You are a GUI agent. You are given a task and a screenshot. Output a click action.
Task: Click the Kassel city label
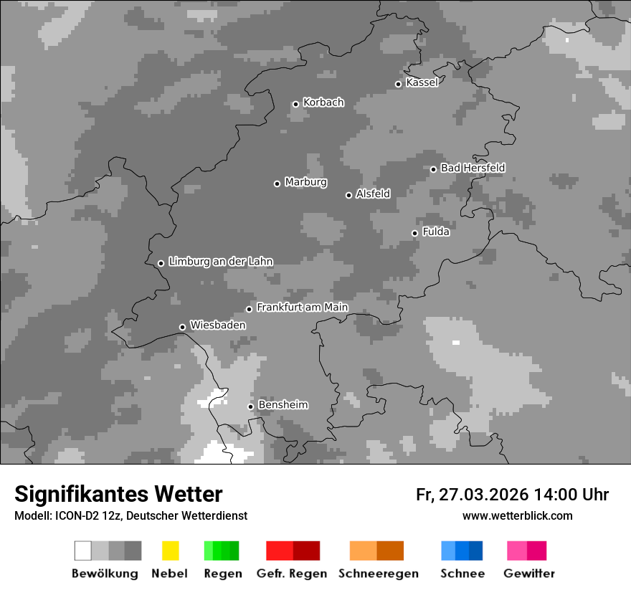[422, 82]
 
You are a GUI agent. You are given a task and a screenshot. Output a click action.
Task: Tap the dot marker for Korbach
[295, 104]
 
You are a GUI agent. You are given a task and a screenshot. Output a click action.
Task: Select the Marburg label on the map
[305, 182]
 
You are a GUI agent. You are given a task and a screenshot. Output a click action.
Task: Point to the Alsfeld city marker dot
[348, 195]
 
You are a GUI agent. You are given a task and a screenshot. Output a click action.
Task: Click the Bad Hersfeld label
[473, 168]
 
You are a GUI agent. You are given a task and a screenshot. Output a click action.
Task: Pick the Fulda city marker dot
[414, 233]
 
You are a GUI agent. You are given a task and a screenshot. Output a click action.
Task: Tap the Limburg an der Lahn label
[221, 262]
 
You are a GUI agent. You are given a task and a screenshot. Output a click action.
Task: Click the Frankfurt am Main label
[302, 307]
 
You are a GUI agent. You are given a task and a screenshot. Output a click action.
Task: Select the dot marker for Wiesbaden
[182, 327]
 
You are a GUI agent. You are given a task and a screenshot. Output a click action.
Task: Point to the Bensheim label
[283, 405]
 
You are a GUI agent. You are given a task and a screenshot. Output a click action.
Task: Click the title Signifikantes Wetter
[118, 494]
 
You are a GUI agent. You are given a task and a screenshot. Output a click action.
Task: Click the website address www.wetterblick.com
[517, 515]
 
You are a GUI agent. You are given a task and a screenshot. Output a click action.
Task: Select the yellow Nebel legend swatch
[170, 551]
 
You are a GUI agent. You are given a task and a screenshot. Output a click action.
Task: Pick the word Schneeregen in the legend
[378, 573]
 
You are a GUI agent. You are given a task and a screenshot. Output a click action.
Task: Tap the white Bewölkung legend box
[83, 551]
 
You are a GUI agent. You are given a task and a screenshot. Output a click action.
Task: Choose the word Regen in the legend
[222, 573]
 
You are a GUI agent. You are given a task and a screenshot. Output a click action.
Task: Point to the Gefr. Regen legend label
[291, 573]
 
